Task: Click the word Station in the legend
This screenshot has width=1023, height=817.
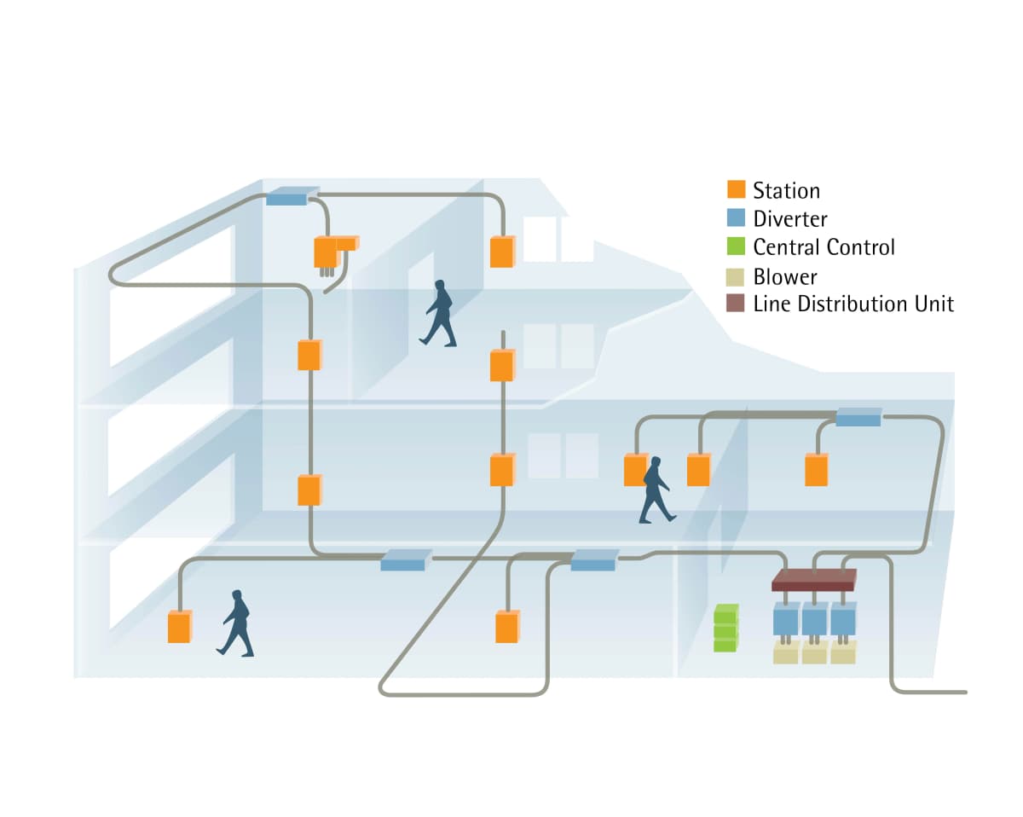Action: [x=785, y=190]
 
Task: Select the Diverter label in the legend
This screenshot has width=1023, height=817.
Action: [x=789, y=219]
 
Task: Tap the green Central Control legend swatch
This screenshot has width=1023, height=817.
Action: [x=736, y=247]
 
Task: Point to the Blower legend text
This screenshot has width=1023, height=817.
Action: [x=784, y=276]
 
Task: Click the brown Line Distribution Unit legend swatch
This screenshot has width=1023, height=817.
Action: [x=736, y=304]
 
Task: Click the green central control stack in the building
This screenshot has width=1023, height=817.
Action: [x=725, y=628]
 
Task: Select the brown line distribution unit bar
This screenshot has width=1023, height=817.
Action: [x=813, y=581]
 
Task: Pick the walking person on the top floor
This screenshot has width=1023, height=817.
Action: [x=439, y=313]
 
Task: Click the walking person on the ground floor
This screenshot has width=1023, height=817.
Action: [x=236, y=623]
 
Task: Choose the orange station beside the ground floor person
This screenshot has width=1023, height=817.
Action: [x=179, y=627]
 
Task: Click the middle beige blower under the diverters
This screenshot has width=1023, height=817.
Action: [x=814, y=652]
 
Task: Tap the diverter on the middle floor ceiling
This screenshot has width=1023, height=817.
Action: [x=858, y=417]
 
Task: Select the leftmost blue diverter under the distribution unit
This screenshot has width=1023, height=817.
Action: [x=785, y=618]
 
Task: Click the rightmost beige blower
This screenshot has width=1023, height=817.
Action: [x=842, y=652]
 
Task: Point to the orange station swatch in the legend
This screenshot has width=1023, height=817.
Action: [x=736, y=190]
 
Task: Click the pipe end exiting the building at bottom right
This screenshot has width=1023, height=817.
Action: [x=963, y=692]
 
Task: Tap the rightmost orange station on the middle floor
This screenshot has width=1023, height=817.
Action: [x=817, y=469]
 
